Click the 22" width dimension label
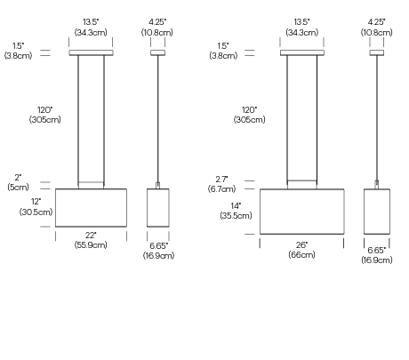(x=91, y=236)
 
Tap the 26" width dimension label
(x=301, y=245)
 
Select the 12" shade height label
(x=36, y=202)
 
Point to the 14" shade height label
(x=236, y=205)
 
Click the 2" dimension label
(x=18, y=178)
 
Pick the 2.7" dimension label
(x=221, y=180)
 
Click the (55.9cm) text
(x=91, y=245)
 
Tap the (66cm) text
(x=301, y=254)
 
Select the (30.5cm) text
(x=36, y=212)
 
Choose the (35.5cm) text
(x=236, y=215)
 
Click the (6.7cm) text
(x=221, y=188)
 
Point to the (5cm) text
(x=18, y=188)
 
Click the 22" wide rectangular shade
(x=91, y=208)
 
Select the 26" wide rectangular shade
(x=302, y=212)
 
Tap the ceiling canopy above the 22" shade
(x=91, y=52)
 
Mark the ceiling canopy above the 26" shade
(x=302, y=52)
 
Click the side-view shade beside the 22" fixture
(x=158, y=208)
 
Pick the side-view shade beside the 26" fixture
(x=377, y=212)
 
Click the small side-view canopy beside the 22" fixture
(x=157, y=52)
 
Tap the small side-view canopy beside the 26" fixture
(x=377, y=52)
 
